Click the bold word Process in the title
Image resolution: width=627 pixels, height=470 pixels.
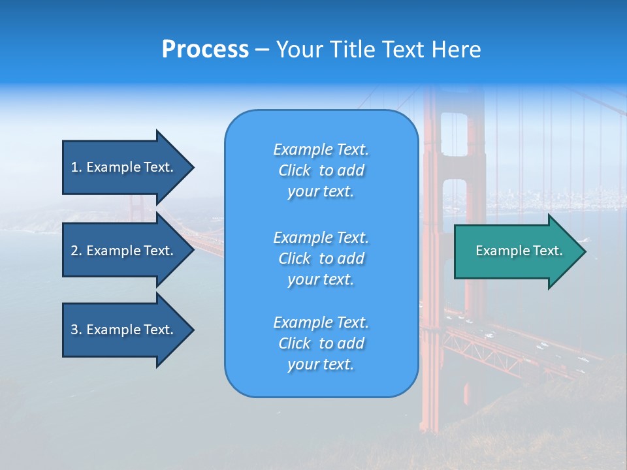(x=205, y=50)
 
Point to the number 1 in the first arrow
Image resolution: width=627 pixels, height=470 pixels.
(x=74, y=167)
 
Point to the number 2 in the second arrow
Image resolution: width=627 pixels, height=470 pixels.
(x=74, y=251)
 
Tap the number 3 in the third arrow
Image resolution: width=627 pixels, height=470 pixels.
(x=74, y=330)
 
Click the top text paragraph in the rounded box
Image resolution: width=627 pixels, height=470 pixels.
(x=321, y=170)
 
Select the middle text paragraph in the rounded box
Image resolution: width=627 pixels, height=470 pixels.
(x=321, y=258)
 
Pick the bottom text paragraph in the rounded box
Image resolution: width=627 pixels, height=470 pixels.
(x=321, y=343)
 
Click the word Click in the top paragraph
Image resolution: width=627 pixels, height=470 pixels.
(x=295, y=170)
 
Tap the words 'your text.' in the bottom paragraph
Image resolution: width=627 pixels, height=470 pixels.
(x=321, y=364)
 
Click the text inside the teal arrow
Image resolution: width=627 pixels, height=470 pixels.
(x=519, y=251)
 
